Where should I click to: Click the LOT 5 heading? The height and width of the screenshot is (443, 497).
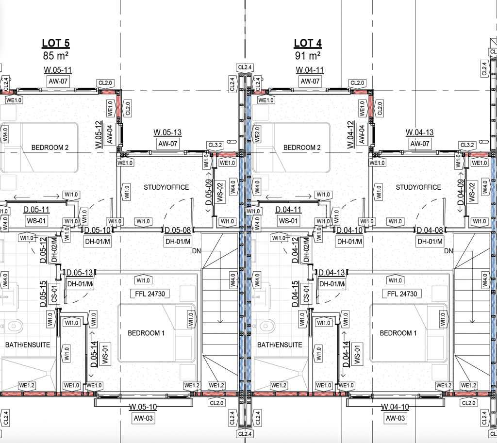56,43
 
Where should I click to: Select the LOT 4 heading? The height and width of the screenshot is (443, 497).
308,43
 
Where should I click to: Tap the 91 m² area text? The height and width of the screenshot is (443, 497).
308,55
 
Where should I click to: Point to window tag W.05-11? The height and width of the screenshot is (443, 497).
58,70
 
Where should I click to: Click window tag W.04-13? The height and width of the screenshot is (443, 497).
420,132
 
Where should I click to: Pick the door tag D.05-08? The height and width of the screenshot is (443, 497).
178,230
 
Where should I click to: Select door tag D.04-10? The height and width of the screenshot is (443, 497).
349,230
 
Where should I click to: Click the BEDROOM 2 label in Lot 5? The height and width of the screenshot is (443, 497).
50,148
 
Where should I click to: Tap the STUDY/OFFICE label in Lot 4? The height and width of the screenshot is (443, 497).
418,187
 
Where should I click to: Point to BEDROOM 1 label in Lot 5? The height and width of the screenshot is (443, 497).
146,333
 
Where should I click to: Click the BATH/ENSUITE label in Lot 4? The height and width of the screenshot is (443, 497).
280,345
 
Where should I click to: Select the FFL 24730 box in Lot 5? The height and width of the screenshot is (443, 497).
150,294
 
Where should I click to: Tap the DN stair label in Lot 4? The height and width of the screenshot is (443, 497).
448,251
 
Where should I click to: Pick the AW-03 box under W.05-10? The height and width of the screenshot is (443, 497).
143,418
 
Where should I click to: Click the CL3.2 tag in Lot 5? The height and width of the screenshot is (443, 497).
215,145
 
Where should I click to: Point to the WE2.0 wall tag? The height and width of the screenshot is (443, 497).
257,134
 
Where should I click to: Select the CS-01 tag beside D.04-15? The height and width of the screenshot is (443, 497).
306,294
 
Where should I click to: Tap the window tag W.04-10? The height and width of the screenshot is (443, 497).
395,407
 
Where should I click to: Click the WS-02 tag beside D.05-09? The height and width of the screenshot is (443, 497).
221,192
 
